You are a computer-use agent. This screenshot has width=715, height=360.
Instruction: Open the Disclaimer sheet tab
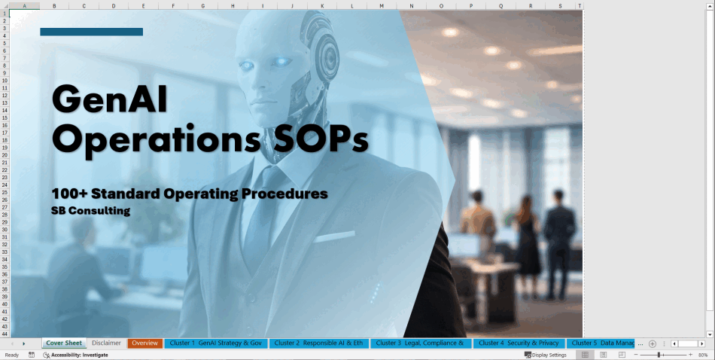[x=106, y=343]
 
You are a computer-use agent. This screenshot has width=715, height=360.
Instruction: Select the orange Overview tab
[x=145, y=343]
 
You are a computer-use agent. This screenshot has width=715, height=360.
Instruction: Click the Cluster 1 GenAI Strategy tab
[x=216, y=343]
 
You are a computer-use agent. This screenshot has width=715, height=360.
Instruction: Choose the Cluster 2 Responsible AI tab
[x=319, y=343]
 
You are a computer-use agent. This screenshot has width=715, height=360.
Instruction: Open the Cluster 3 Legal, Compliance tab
[x=421, y=343]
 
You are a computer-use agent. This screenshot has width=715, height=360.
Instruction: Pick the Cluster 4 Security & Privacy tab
[x=519, y=343]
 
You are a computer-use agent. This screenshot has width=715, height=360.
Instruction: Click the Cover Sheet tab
[x=64, y=343]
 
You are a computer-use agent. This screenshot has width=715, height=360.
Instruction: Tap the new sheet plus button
[x=652, y=343]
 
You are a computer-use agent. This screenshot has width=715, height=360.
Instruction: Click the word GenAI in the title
[x=109, y=99]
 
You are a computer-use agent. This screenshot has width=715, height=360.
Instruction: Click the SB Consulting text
[x=91, y=211]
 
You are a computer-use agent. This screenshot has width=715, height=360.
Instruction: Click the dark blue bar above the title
[x=92, y=32]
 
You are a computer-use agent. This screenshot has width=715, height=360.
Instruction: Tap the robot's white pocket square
[x=334, y=236]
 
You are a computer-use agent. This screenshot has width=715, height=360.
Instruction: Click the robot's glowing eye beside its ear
[x=281, y=61]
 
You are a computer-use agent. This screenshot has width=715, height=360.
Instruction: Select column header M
[x=382, y=6]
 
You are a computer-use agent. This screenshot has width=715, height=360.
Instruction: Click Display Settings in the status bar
[x=546, y=355]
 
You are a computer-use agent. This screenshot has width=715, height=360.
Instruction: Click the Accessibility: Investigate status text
[x=76, y=355]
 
